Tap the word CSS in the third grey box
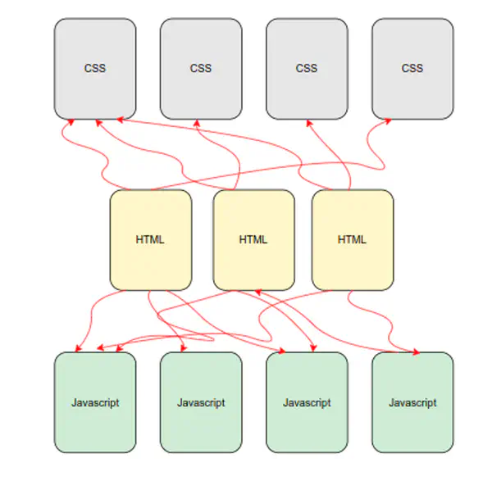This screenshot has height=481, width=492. click(x=306, y=68)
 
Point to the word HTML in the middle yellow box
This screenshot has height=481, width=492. click(x=253, y=240)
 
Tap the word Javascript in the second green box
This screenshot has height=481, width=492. click(x=201, y=402)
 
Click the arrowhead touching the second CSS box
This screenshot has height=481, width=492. click(x=196, y=123)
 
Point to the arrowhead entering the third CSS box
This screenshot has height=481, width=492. click(x=308, y=123)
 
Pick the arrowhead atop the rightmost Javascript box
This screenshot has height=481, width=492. click(x=415, y=352)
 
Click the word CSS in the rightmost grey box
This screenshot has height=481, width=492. click(x=412, y=68)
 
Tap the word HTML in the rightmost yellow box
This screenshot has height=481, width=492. click(x=353, y=240)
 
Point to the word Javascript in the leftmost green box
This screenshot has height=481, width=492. click(x=95, y=402)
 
